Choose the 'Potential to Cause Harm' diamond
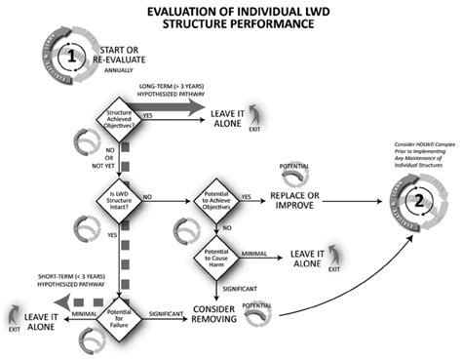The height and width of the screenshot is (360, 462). [218, 259]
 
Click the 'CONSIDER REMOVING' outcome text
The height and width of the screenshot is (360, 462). [218, 315]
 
